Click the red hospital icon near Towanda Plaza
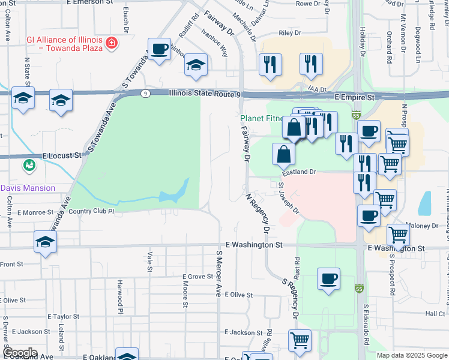111,43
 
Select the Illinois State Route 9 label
205,94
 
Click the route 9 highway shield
145,94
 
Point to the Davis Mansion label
28,188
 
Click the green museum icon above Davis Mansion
28,164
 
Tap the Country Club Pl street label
91,211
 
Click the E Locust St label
62,155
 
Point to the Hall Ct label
435,313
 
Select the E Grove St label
197,277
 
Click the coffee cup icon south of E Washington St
328,279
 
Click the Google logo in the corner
20,353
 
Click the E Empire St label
354,96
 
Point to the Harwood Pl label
120,296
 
